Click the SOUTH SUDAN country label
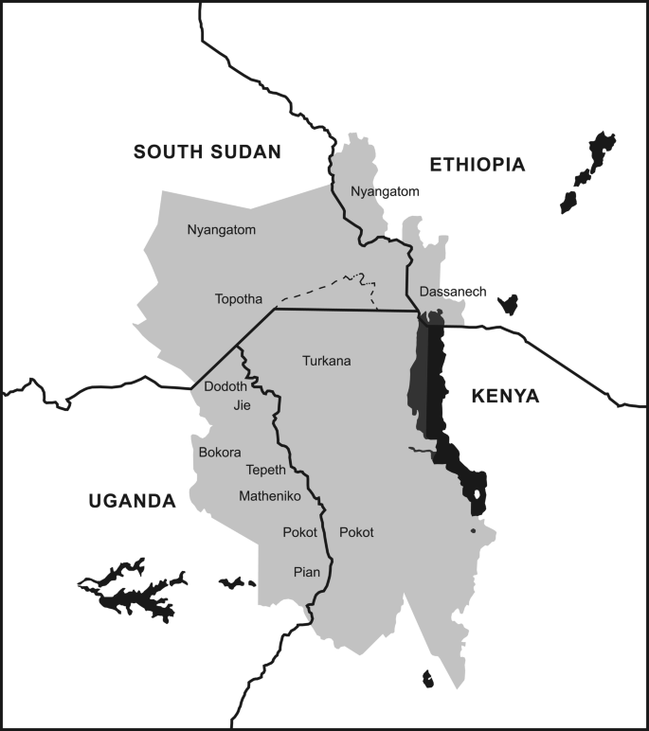pyautogui.click(x=207, y=152)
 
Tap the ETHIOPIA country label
pyautogui.click(x=477, y=165)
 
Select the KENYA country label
pyautogui.click(x=505, y=397)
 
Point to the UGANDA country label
pyautogui.click(x=132, y=501)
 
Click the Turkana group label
pyautogui.click(x=327, y=361)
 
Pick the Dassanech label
pyautogui.click(x=452, y=292)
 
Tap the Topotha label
pyautogui.click(x=239, y=299)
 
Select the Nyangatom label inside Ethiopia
pyautogui.click(x=385, y=191)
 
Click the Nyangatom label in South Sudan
pyautogui.click(x=222, y=229)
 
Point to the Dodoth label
pyautogui.click(x=225, y=386)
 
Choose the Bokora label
pyautogui.click(x=220, y=453)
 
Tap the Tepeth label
pyautogui.click(x=265, y=471)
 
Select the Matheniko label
pyautogui.click(x=270, y=496)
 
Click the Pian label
pyautogui.click(x=306, y=572)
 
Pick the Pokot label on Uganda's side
pyautogui.click(x=299, y=533)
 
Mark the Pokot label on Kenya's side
pyautogui.click(x=356, y=533)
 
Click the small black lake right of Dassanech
pyautogui.click(x=509, y=305)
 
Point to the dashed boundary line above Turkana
pyautogui.click(x=322, y=286)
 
